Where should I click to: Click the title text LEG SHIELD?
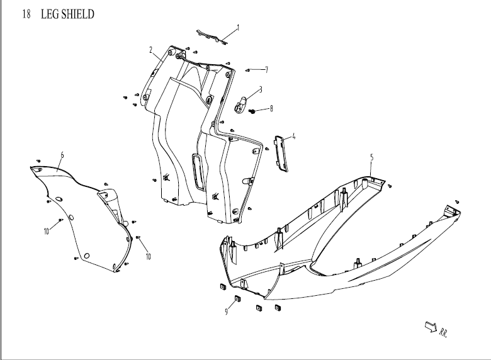[x=67, y=14]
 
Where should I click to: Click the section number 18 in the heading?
[x=26, y=14]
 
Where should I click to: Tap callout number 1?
[x=239, y=28]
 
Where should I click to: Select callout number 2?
[x=151, y=49]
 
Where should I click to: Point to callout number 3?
[x=260, y=89]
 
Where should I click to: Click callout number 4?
[x=293, y=136]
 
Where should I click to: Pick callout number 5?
[x=371, y=157]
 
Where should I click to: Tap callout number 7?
[x=266, y=69]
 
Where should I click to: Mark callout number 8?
[x=271, y=108]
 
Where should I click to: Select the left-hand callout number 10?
[x=47, y=232]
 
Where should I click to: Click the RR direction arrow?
[x=431, y=325]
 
